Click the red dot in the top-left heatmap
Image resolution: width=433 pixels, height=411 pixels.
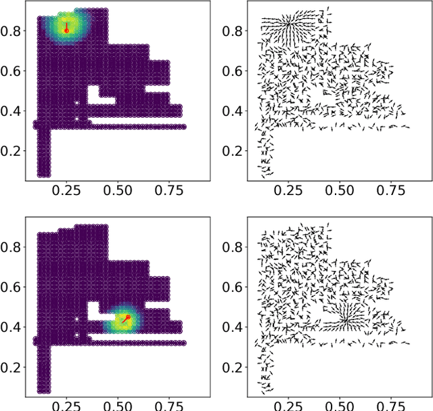tap(66, 30)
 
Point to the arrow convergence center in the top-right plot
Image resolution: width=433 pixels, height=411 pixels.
tap(288, 24)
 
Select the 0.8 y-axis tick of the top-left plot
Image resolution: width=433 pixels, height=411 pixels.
tap(25, 30)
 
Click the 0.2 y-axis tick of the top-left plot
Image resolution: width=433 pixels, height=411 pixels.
tap(25, 150)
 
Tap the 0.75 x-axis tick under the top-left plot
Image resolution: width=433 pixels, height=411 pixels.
tap(169, 181)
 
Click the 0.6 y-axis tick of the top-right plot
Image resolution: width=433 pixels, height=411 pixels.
tap(247, 70)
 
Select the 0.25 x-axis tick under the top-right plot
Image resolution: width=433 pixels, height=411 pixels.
tap(288, 181)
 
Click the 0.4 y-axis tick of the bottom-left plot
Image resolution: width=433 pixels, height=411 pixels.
tap(25, 327)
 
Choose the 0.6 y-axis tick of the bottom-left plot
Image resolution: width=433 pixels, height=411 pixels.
tap(25, 287)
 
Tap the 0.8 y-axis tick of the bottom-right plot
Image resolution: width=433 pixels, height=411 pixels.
tap(247, 247)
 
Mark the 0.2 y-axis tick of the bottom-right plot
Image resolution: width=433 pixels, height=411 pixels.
tap(247, 367)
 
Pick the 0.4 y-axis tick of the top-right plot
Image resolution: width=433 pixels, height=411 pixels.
tap(247, 110)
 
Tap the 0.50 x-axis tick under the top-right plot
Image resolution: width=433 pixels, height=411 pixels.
tap(339, 181)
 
